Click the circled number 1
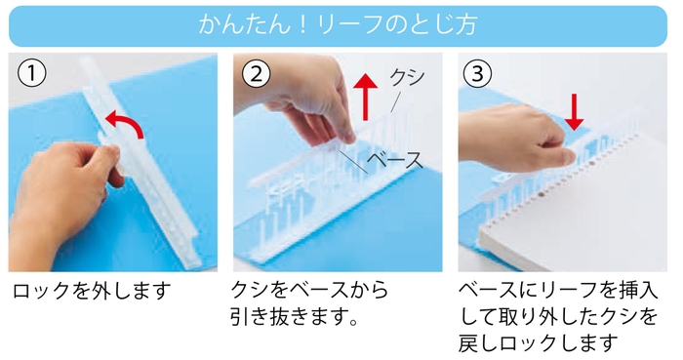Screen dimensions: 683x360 coord(31,73)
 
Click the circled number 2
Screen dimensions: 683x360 coord(256,73)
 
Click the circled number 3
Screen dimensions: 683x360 coord(477,73)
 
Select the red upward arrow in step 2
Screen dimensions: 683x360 coord(365,97)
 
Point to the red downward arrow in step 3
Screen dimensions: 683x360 coord(574,112)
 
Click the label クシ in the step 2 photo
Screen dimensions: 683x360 coord(407,77)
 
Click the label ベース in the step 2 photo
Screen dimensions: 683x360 coord(395,160)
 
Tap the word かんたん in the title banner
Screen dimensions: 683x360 coord(244,24)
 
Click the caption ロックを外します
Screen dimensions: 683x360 coord(92,291)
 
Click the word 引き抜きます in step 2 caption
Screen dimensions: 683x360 coord(289,317)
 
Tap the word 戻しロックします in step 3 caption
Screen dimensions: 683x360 coord(538,343)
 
